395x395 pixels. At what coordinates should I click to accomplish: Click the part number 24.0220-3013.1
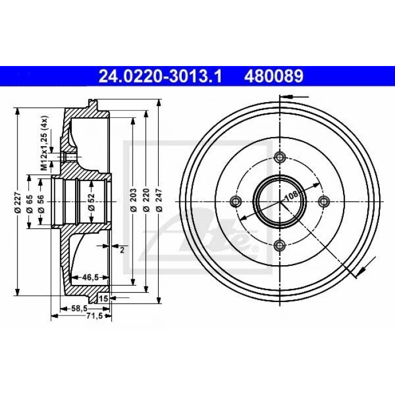160,76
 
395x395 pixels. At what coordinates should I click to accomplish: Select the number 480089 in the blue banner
274,76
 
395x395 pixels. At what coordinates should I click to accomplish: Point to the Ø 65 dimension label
29,203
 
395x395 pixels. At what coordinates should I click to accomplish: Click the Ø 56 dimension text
41,203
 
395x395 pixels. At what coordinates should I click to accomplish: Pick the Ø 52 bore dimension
91,202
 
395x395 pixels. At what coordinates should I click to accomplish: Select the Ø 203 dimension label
134,200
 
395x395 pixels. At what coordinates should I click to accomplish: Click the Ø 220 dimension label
146,200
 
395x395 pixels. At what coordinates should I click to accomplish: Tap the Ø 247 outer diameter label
159,200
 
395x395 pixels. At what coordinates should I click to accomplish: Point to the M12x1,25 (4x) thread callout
45,143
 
